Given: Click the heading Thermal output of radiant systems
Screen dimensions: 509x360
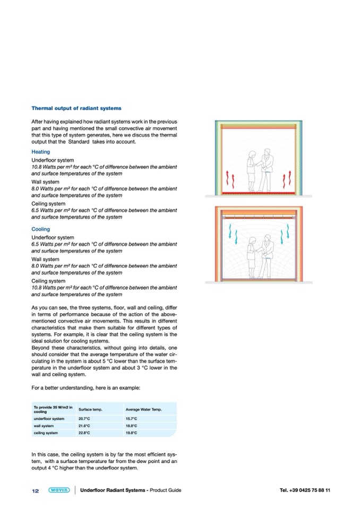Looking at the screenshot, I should (76, 108).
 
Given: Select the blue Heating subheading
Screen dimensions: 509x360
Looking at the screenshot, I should (40, 152).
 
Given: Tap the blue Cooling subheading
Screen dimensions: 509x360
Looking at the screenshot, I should (40, 229).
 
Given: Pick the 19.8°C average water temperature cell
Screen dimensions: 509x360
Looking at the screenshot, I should (132, 433).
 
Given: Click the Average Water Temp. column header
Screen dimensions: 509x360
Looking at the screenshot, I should (143, 409).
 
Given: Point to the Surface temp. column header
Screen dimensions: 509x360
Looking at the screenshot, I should (90, 409).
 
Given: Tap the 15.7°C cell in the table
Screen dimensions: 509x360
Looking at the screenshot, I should (132, 418).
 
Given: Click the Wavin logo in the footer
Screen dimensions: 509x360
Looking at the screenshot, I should (58, 490).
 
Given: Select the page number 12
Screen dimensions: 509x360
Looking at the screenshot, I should (36, 490).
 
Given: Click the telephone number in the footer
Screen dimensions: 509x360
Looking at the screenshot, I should (305, 490).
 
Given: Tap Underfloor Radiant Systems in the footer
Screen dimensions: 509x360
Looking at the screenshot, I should (113, 490).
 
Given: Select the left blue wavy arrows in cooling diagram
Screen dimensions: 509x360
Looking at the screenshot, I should (230, 232).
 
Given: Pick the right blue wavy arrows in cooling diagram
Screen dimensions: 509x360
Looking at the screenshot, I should (289, 232).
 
